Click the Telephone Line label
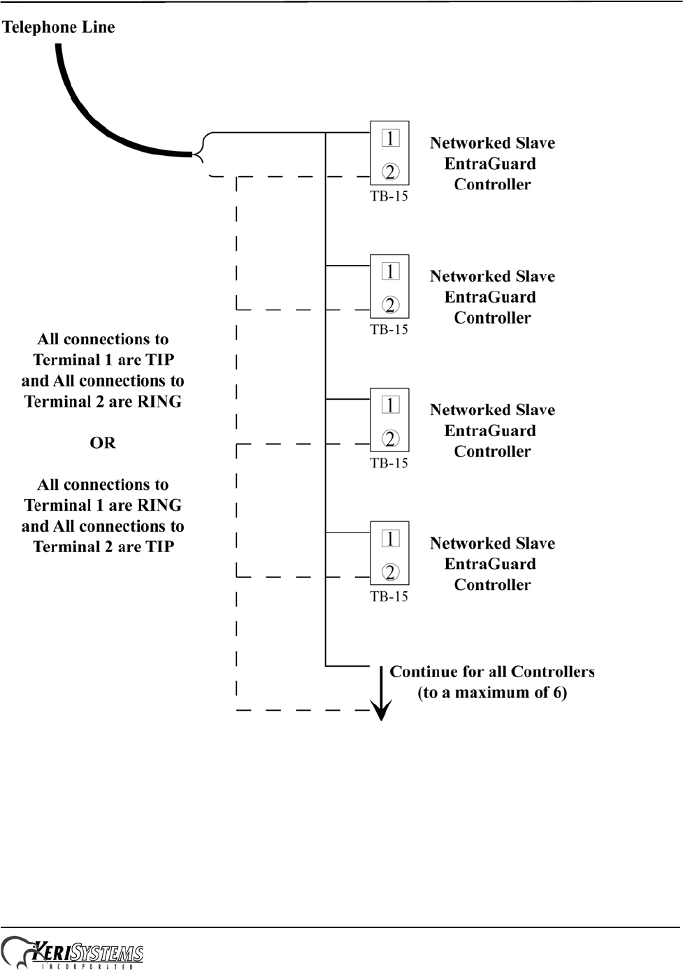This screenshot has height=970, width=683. pos(59,27)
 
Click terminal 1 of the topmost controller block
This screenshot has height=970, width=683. pos(390,138)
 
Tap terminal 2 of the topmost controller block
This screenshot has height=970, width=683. pos(390,171)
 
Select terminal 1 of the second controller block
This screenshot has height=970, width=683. pos(390,271)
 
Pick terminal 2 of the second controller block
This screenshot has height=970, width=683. pos(390,305)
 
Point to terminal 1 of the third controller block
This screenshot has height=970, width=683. pos(390,405)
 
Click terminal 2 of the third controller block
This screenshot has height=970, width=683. pos(390,438)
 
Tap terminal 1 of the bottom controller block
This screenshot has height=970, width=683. pos(390,538)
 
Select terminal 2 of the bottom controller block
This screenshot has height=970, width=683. pos(390,572)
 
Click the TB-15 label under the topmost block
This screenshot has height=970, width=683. pos(389,196)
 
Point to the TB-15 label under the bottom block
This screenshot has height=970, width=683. pos(389,597)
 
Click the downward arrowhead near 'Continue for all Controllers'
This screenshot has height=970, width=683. pos(381,711)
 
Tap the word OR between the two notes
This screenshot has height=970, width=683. pos(103,443)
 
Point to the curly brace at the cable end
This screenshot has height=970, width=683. pos(201,148)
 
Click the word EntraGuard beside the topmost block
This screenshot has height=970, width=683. pos(490,164)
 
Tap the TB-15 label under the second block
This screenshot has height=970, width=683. pos(389,330)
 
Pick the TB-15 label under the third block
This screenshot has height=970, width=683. pos(389,463)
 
